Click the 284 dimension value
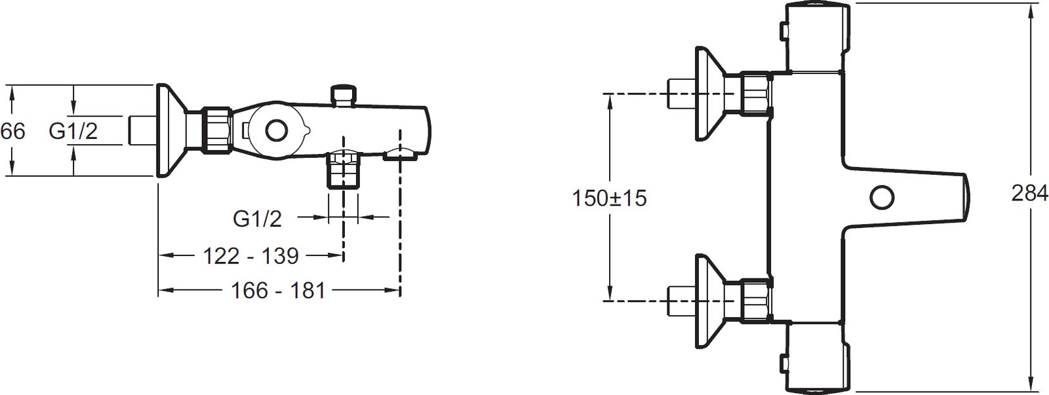[x=1029, y=193]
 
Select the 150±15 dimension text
[x=609, y=198]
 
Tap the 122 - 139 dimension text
[x=251, y=256]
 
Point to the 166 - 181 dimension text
[x=278, y=291]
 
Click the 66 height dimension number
[x=12, y=131]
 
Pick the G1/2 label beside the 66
[x=73, y=131]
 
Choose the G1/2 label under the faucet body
[x=258, y=219]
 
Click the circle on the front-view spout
[x=882, y=197]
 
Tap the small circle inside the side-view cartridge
[x=276, y=131]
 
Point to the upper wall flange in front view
[x=709, y=93]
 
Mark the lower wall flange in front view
[x=709, y=301]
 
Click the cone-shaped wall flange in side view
[x=170, y=131]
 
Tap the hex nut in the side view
[x=216, y=131]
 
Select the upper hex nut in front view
[x=755, y=93]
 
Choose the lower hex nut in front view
[x=755, y=301]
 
